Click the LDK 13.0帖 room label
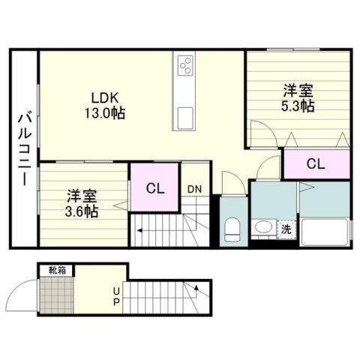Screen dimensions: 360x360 tap(108, 106)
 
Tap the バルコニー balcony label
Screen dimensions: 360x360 tap(23, 146)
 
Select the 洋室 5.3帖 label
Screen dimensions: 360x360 tap(298, 98)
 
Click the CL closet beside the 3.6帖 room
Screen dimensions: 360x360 tap(156, 187)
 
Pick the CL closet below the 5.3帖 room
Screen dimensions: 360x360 tap(315, 163)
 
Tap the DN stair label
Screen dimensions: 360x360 tap(194, 188)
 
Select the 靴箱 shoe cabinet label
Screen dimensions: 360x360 tap(56, 269)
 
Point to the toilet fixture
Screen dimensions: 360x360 tap(232, 227)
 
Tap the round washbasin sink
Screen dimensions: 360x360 tap(263, 226)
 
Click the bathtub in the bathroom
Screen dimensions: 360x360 tap(325, 232)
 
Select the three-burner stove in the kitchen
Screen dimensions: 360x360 tap(185, 67)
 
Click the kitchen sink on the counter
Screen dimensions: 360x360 tap(185, 117)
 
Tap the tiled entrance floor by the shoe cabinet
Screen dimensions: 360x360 tap(56, 295)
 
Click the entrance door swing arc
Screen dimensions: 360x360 tap(30, 289)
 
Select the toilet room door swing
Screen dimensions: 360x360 tap(232, 183)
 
